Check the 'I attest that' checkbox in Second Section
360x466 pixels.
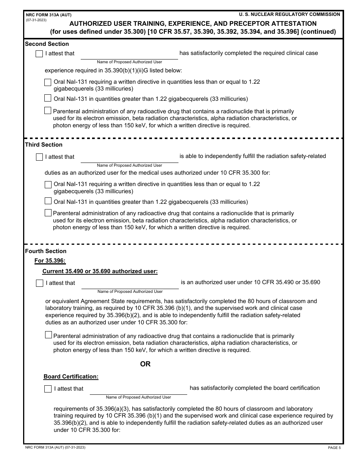click(x=39, y=54)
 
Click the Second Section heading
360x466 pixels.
click(x=47, y=44)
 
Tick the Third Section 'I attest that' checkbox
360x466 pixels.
click(x=39, y=157)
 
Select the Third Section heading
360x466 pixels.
click(x=44, y=145)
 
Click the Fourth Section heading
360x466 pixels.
click(x=45, y=251)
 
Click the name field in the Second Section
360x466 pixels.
click(x=129, y=54)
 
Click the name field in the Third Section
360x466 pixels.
click(x=129, y=157)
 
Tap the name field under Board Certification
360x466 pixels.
click(x=138, y=389)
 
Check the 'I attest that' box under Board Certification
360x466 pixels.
click(x=48, y=389)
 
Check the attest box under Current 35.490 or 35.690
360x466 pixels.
click(x=39, y=283)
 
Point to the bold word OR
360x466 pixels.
click(x=145, y=364)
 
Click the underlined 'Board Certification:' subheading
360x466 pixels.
click(x=71, y=377)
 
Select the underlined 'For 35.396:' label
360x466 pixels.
click(x=50, y=261)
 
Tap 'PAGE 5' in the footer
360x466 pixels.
click(x=334, y=448)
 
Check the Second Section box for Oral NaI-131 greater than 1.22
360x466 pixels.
click(x=48, y=99)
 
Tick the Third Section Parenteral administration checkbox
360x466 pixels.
click(x=48, y=213)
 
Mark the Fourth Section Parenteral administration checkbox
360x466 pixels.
click(x=48, y=335)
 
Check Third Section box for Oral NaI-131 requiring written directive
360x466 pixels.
click(x=48, y=185)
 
